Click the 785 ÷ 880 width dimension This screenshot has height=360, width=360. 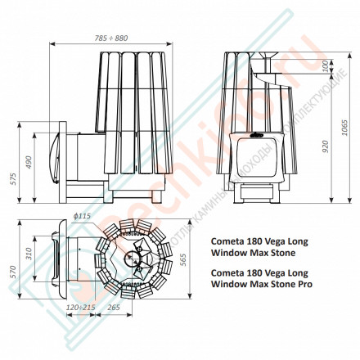(110, 38)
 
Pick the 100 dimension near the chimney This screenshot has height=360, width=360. (326, 65)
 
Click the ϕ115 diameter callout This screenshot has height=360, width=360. (81, 215)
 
